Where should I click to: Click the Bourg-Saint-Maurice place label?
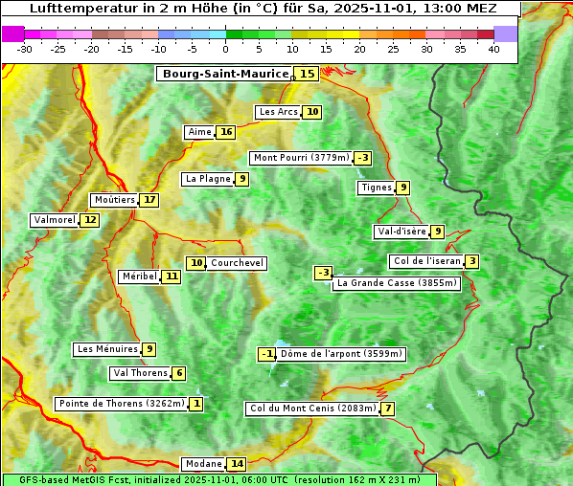click(x=225, y=74)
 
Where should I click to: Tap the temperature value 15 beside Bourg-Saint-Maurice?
click(x=307, y=74)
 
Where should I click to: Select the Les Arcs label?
click(x=279, y=112)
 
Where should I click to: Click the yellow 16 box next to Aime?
click(x=225, y=132)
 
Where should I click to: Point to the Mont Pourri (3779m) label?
click(x=301, y=158)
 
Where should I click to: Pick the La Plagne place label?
click(x=208, y=179)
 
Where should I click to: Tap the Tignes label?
click(x=376, y=188)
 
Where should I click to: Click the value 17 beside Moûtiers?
click(x=149, y=200)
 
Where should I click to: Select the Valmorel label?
click(x=54, y=220)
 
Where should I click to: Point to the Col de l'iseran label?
click(x=426, y=261)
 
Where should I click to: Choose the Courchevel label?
click(x=237, y=263)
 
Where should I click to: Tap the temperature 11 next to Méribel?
click(x=171, y=276)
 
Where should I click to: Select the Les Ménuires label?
click(x=107, y=349)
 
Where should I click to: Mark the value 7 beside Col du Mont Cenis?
click(x=387, y=409)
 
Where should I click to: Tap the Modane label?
click(x=203, y=464)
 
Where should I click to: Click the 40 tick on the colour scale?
click(x=493, y=49)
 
